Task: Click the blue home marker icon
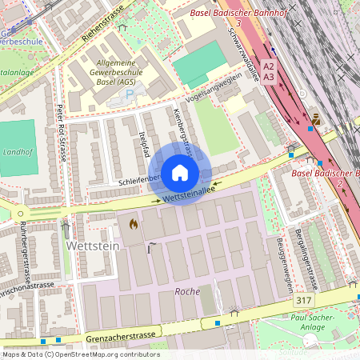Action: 180,173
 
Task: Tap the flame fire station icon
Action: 132,226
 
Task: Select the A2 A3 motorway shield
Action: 269,71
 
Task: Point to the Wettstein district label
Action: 93,246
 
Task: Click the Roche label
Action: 186,292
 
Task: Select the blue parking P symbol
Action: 130,94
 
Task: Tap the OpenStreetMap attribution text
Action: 80,354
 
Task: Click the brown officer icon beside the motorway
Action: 317,118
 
